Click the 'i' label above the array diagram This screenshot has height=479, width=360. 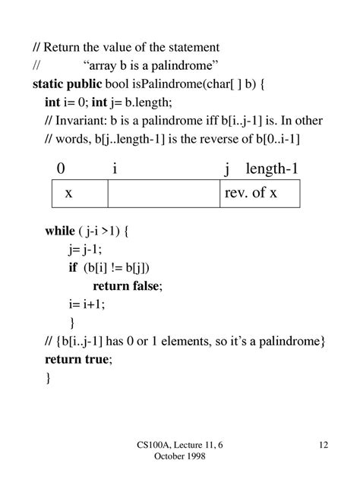click(115, 169)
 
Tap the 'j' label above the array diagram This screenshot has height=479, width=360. click(226, 169)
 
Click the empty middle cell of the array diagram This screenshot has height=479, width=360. click(163, 194)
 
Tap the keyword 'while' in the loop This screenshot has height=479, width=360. click(61, 229)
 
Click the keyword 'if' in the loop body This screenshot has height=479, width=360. click(73, 266)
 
